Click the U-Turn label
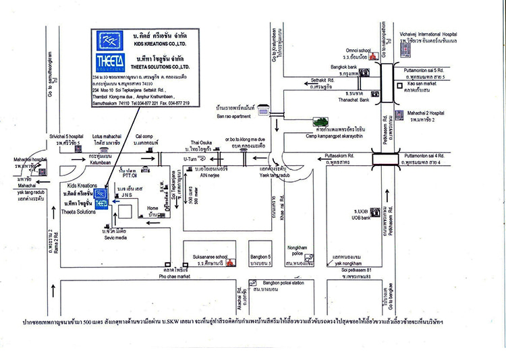click(x=193, y=158)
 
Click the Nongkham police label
click(x=298, y=247)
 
